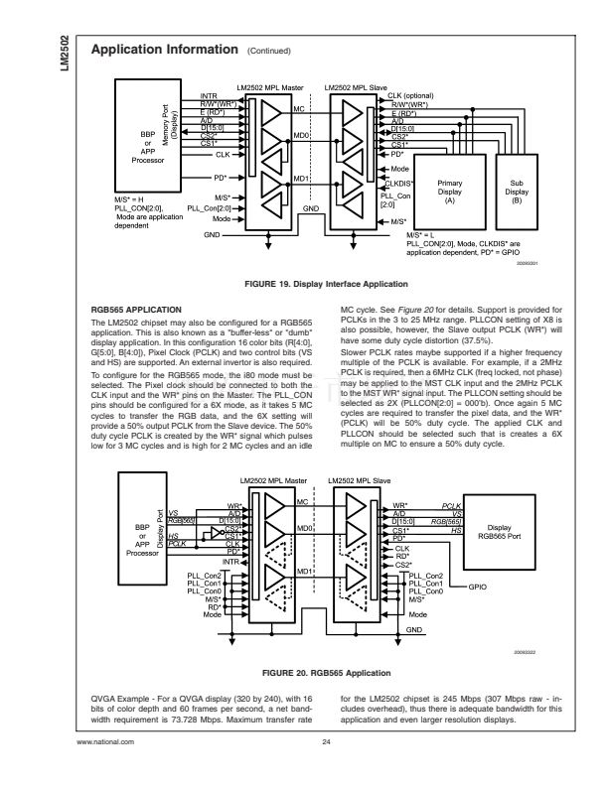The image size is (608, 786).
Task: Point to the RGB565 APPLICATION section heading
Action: [135, 310]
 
